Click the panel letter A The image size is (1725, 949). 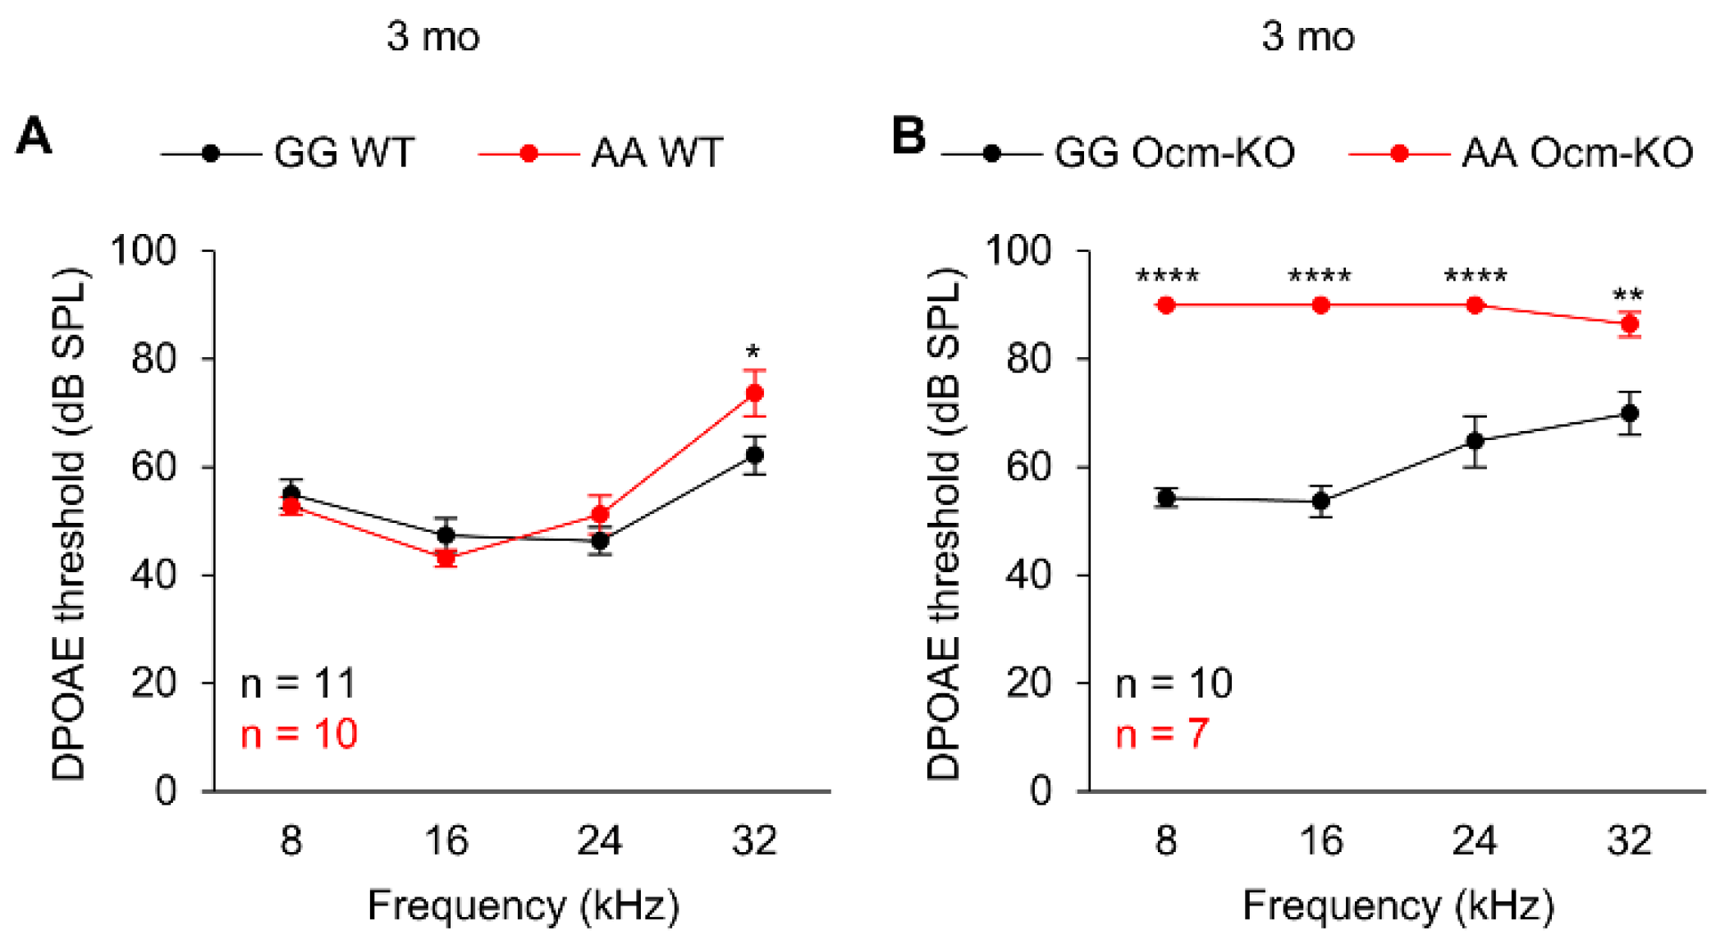[x=34, y=136]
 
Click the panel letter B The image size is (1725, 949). [x=908, y=136]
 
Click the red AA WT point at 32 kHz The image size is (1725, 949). [x=754, y=393]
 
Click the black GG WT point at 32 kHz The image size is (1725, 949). [x=754, y=455]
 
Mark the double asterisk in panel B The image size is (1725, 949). [x=1628, y=296]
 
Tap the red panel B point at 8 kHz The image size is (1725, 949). [x=1166, y=305]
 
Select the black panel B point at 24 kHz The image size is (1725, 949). [x=1475, y=441]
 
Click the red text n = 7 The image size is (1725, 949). [x=1161, y=733]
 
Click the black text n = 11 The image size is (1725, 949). [x=298, y=683]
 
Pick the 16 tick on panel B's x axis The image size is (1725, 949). [x=1320, y=841]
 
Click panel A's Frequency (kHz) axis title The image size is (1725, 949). [x=524, y=906]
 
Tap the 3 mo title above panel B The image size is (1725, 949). [x=1307, y=37]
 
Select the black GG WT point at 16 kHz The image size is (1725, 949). [x=446, y=535]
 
